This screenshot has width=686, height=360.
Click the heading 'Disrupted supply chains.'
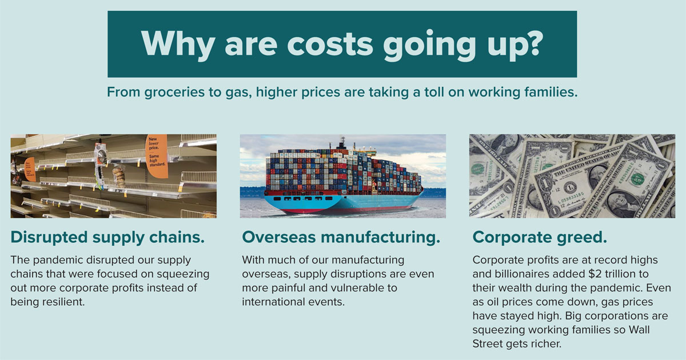[107, 238]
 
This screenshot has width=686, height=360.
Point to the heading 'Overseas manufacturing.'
[341, 238]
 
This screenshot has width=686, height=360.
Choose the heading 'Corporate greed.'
[540, 238]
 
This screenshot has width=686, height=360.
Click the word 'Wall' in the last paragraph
[639, 329]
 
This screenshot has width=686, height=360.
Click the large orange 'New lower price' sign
[157, 156]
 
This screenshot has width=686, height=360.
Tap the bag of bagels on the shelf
[119, 176]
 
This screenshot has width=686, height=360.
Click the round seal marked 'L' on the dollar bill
[570, 187]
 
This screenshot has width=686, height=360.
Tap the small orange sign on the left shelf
[30, 169]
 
